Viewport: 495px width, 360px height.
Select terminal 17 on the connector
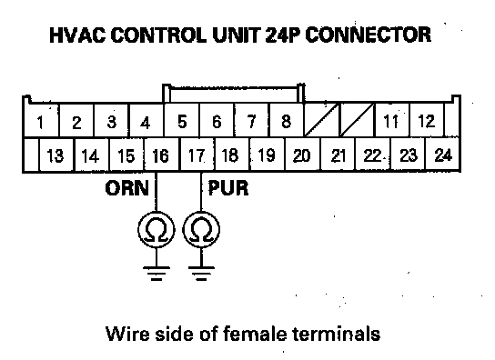pyautogui.click(x=197, y=155)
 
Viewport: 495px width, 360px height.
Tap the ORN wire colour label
pyautogui.click(x=126, y=188)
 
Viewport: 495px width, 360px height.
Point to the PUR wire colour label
pyautogui.click(x=228, y=188)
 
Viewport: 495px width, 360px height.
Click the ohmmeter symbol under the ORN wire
pyautogui.click(x=157, y=229)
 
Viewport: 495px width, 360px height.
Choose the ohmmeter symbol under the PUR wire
pyautogui.click(x=201, y=229)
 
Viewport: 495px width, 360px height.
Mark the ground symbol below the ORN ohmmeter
pyautogui.click(x=157, y=274)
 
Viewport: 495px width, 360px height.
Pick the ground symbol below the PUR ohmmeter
pyautogui.click(x=201, y=274)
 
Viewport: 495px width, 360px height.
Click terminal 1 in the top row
pyautogui.click(x=41, y=121)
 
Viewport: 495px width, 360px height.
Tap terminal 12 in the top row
pyautogui.click(x=426, y=121)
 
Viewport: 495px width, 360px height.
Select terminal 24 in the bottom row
pyautogui.click(x=442, y=155)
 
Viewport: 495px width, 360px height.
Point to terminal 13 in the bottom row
pyautogui.click(x=56, y=155)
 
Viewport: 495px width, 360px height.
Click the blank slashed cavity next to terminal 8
pyautogui.click(x=321, y=120)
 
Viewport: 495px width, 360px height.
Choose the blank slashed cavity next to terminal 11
pyautogui.click(x=357, y=120)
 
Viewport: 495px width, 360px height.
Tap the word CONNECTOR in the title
pyautogui.click(x=369, y=35)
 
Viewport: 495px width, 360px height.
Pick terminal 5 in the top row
pyautogui.click(x=181, y=121)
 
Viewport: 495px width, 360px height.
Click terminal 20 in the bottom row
pyautogui.click(x=302, y=155)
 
